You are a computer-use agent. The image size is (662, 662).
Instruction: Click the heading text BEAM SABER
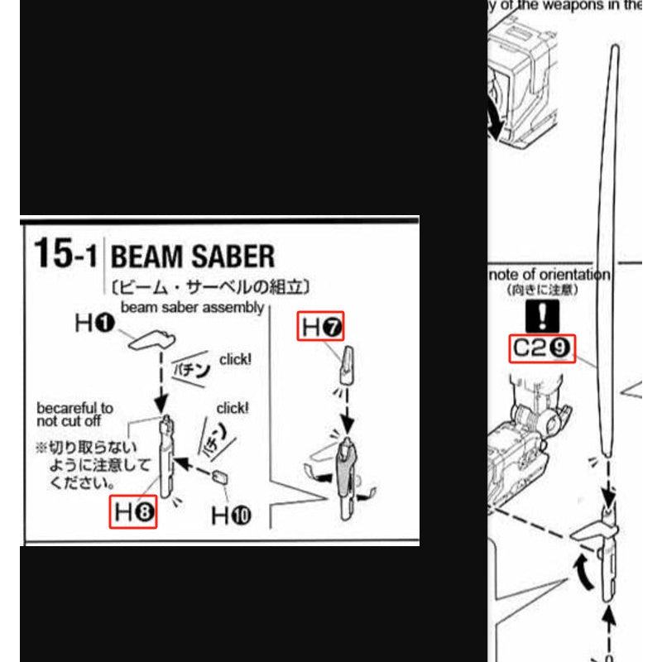192,257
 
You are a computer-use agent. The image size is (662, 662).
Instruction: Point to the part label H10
233,515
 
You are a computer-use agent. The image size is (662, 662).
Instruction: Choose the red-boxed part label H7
321,328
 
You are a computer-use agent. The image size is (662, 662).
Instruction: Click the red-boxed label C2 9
541,348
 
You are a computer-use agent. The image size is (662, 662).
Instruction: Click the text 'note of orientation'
549,275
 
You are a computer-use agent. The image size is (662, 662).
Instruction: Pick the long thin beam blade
612,248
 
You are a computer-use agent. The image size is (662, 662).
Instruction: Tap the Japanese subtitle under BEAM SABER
210,287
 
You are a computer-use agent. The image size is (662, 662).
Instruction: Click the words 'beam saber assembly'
192,307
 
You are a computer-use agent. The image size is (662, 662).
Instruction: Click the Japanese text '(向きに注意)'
543,290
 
